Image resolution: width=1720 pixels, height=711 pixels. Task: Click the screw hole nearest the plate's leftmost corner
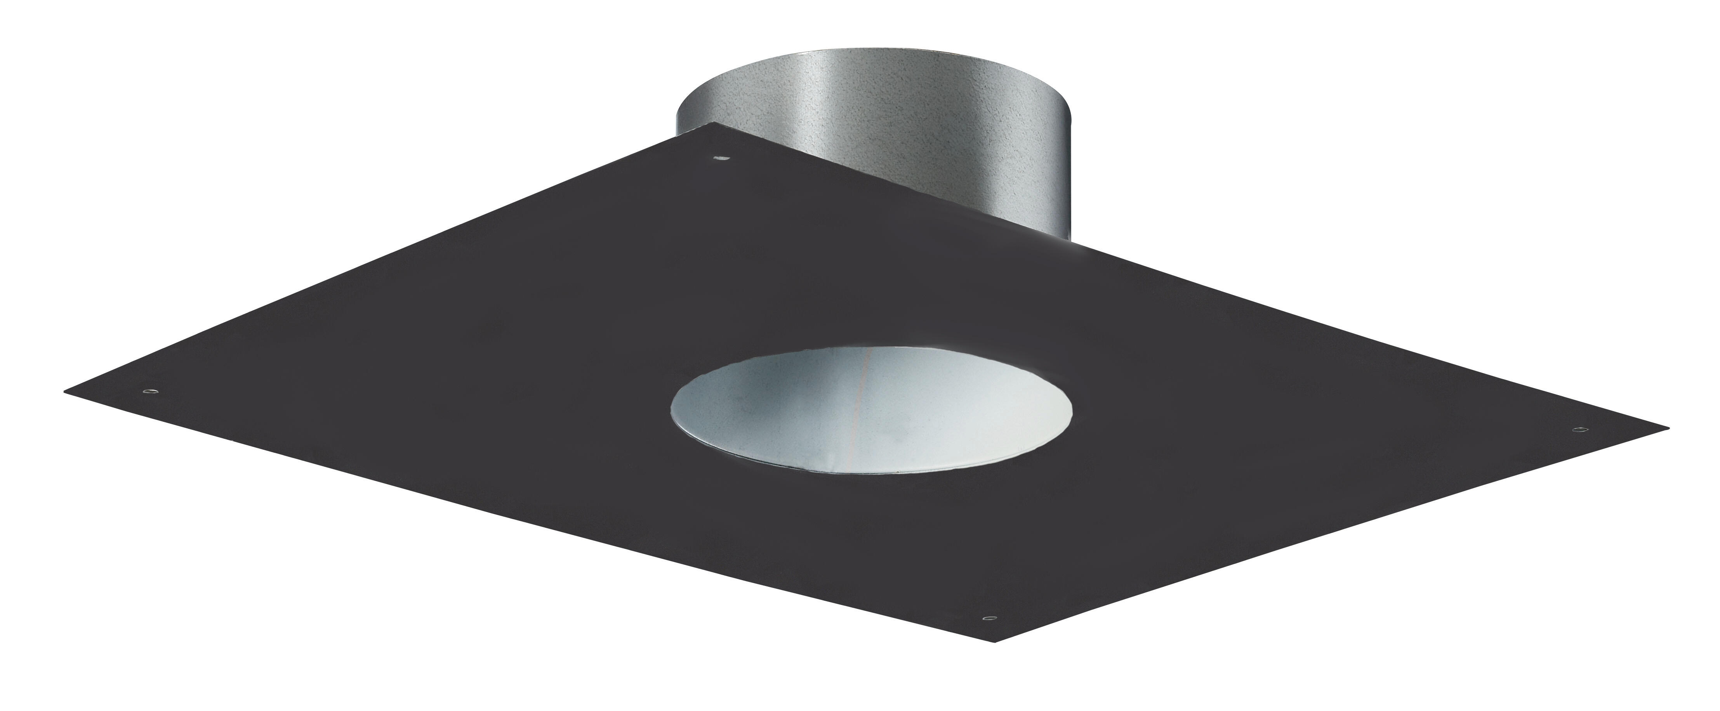(x=151, y=390)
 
